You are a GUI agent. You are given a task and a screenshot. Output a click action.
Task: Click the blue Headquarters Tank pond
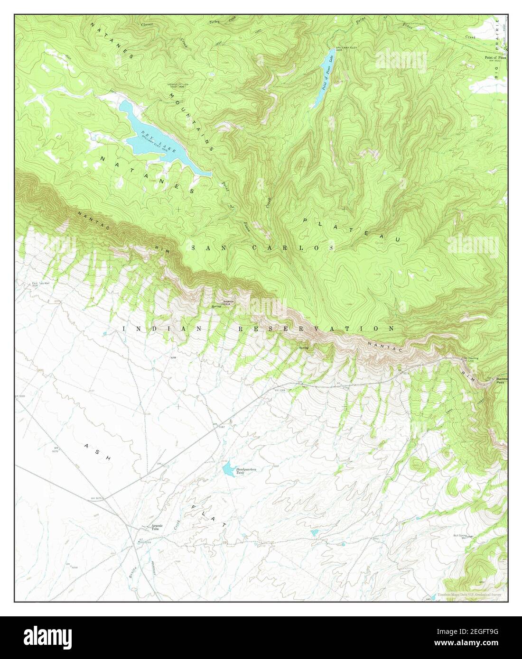click(228, 469)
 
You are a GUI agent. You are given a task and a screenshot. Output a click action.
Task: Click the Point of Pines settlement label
click(494, 57)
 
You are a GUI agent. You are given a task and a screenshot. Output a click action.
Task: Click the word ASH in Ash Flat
click(97, 452)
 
